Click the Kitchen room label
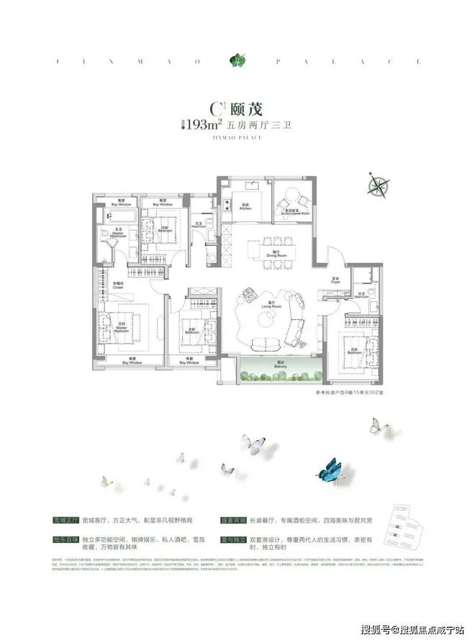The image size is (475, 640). click(245, 206)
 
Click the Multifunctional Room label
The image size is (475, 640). click(294, 212)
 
